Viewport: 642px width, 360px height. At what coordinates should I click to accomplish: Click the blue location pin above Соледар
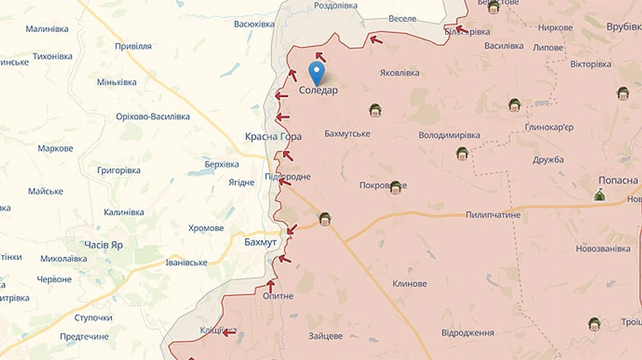point(316,71)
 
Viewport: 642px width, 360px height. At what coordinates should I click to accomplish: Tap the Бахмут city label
point(260,242)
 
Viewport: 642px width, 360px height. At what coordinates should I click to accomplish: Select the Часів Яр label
point(103,245)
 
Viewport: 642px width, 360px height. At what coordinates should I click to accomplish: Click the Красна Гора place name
point(273,136)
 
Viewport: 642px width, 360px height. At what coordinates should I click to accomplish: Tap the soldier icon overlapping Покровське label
point(395,187)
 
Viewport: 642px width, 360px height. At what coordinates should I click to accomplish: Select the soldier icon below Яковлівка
point(375,110)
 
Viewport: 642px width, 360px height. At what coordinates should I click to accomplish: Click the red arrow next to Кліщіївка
point(229,331)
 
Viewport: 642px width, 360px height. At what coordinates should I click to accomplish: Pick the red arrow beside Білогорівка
point(460,30)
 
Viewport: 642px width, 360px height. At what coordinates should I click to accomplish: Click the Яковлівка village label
point(399,73)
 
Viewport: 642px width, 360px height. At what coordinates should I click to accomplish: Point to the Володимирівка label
point(449,135)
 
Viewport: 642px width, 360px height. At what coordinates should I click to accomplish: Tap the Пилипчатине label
point(493,215)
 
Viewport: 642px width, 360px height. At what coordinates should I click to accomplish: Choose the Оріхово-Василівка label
point(153,116)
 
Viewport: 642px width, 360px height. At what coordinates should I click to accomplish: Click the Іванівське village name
point(185,262)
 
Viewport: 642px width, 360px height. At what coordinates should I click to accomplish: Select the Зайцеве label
point(325,336)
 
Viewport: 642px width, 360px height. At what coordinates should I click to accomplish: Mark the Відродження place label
point(467,333)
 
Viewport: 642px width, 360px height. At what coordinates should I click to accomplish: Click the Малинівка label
point(47,29)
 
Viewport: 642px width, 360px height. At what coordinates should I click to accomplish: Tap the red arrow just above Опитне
point(270,285)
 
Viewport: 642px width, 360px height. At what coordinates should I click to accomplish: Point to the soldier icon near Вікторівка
point(514,106)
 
